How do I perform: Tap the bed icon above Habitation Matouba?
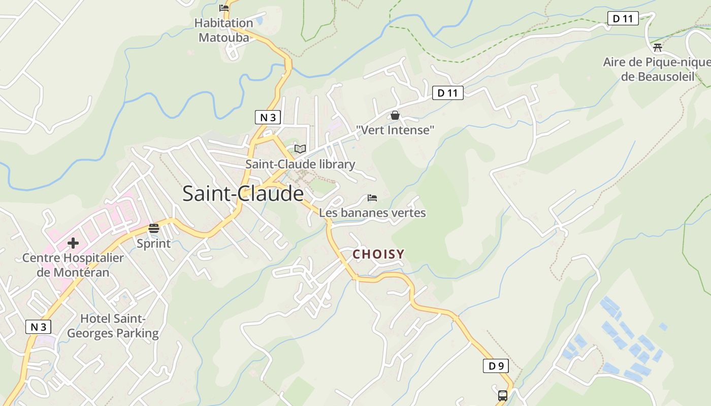224,8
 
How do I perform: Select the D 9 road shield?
496,366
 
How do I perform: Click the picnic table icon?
658,48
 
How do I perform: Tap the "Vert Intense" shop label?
395,130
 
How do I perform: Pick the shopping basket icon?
395,116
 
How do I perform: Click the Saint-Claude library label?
300,164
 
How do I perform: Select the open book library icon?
300,149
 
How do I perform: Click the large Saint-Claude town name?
243,194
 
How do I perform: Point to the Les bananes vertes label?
372,213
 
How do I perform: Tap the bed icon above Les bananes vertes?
372,197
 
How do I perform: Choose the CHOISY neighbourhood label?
379,254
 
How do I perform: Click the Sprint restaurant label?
154,244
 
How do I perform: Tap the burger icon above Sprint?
154,228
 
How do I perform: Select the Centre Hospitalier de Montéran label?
73,265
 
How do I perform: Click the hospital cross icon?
73,243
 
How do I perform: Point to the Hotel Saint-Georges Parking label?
113,326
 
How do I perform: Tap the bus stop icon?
503,395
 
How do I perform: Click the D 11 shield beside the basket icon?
447,93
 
